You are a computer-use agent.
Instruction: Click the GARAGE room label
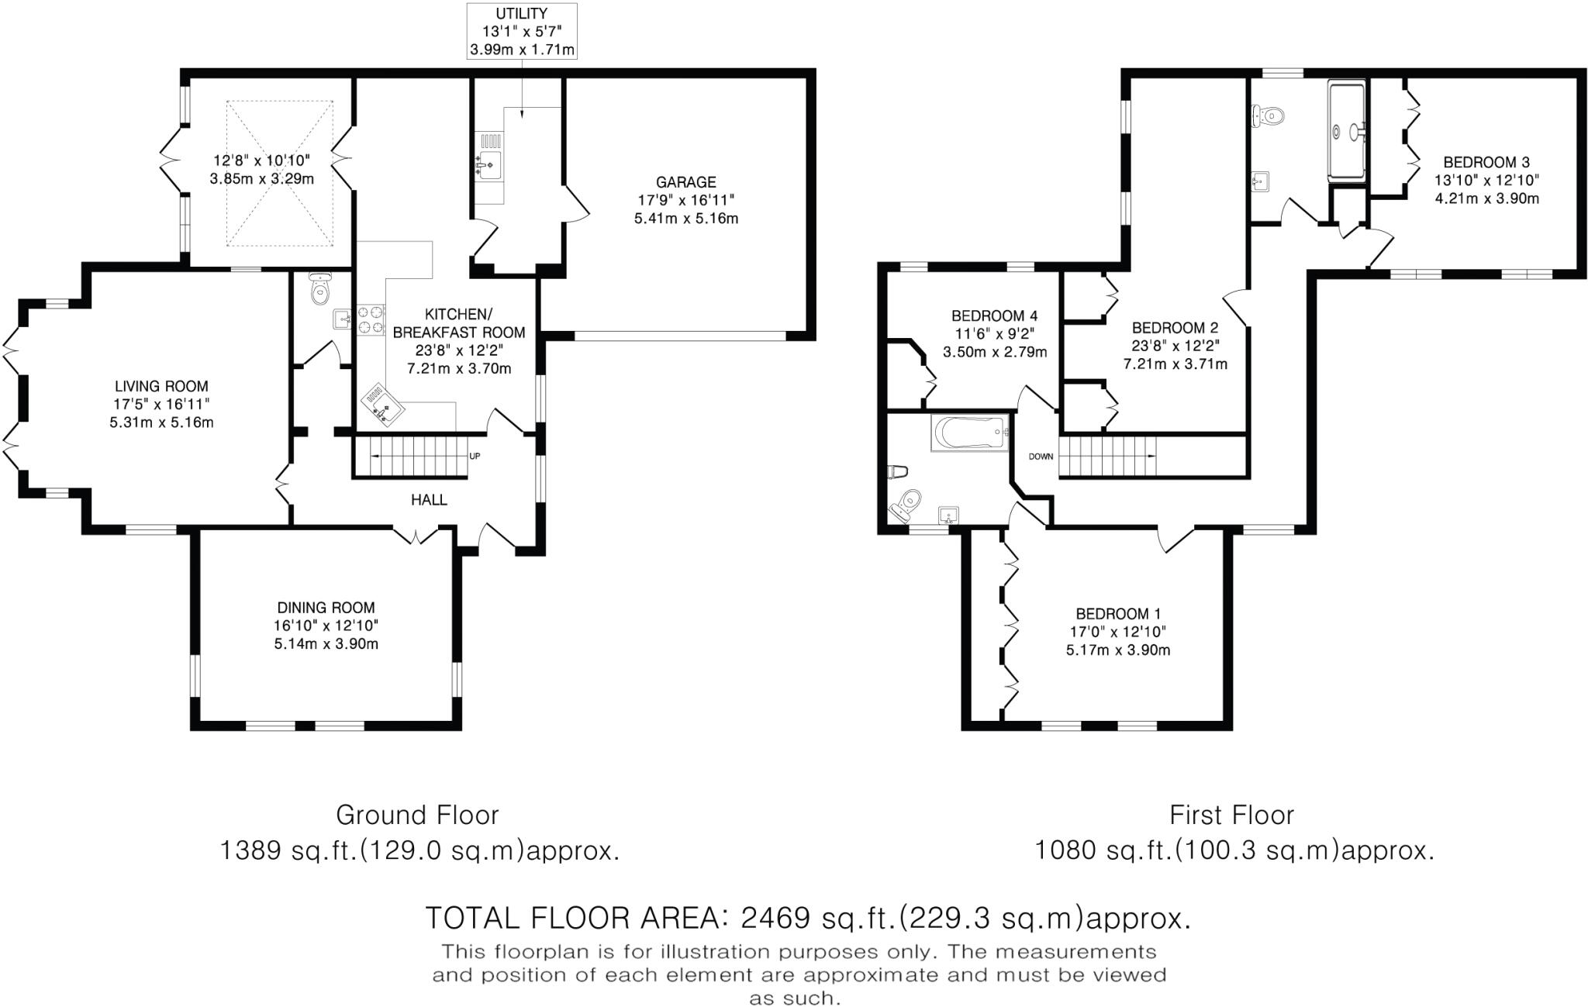click(685, 182)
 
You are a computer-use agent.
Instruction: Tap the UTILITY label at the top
click(522, 14)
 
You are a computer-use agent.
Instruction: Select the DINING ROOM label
click(326, 609)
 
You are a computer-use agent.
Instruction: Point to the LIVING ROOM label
click(162, 386)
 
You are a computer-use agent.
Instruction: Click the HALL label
click(429, 500)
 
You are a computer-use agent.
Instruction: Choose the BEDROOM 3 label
click(1486, 163)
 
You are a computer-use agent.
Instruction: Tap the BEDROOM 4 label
click(995, 316)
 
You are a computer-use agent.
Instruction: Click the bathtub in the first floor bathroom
click(970, 432)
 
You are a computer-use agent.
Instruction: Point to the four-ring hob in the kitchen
click(371, 319)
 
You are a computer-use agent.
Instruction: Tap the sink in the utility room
click(490, 164)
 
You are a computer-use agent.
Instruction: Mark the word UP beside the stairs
click(475, 457)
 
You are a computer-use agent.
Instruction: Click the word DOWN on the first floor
click(1041, 457)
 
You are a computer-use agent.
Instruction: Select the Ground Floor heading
click(417, 816)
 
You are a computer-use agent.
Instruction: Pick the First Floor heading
click(1231, 816)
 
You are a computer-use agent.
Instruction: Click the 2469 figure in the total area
click(775, 919)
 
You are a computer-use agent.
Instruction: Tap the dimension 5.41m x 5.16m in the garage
click(686, 219)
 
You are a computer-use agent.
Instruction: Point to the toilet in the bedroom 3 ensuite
click(1267, 116)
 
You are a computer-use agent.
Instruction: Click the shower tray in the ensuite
click(1348, 131)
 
